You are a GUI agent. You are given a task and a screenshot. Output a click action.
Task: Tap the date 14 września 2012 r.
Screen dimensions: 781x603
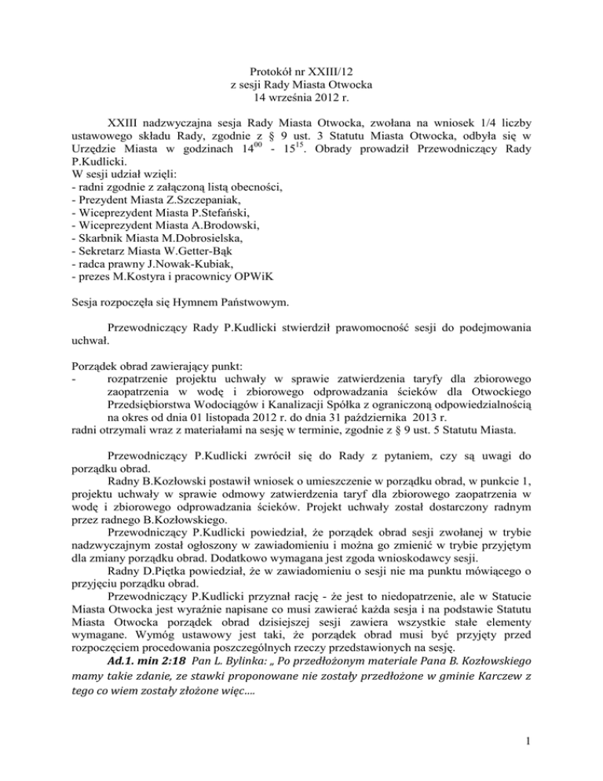[x=301, y=99]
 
